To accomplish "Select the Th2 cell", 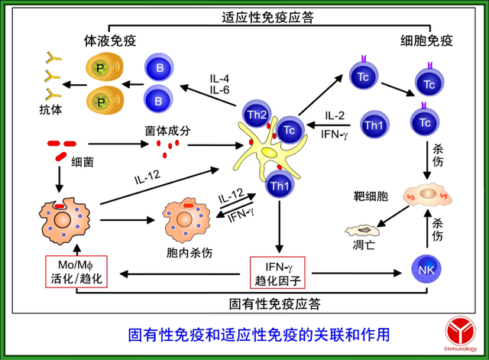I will click(257, 114).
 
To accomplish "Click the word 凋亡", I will click(365, 247).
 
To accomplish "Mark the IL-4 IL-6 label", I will click(221, 83).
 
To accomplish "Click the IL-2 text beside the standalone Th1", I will click(334, 116).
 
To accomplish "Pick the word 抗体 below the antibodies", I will click(50, 110).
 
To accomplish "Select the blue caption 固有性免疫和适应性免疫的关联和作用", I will click(257, 334).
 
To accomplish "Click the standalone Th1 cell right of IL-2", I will click(374, 125).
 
